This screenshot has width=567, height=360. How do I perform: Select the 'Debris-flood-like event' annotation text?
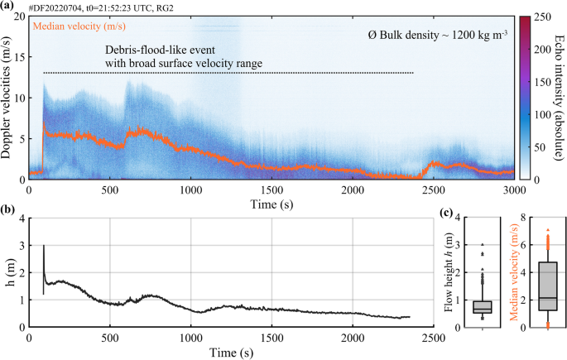coord(166,49)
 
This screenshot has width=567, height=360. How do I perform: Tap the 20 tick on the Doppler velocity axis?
coord(22,17)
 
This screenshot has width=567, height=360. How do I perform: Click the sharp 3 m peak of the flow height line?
coord(43,246)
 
